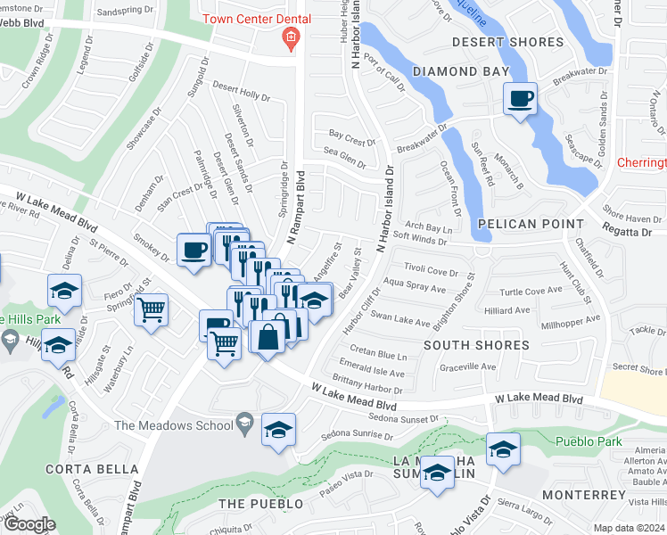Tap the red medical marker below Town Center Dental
[x=289, y=37]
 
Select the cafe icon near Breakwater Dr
[x=520, y=98]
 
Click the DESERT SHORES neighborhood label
[x=507, y=42]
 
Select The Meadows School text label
[x=174, y=425]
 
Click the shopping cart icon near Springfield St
[x=152, y=310]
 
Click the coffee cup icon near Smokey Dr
[x=193, y=250]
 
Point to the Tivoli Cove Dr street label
[x=431, y=270]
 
